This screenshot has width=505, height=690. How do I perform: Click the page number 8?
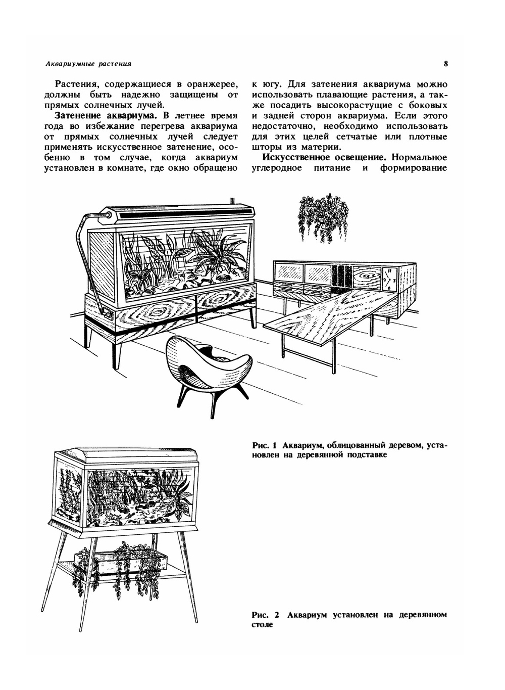click(x=446, y=64)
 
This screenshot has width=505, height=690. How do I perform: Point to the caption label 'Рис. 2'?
click(x=265, y=615)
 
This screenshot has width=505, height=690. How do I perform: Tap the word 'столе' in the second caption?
click(x=262, y=625)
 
